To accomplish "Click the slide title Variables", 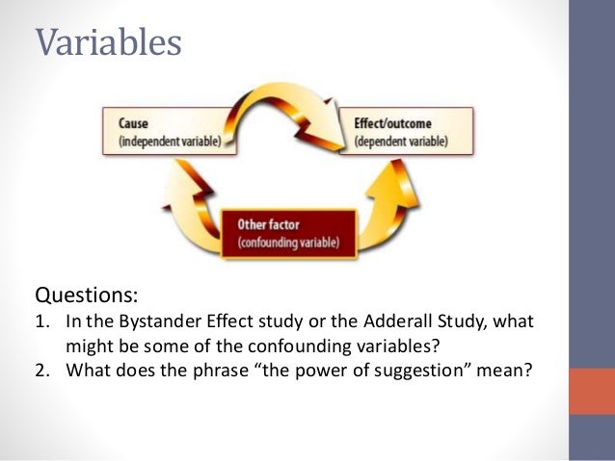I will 108,41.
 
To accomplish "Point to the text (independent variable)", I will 169,141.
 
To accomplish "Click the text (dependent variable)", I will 399,141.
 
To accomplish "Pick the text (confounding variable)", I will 288,243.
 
